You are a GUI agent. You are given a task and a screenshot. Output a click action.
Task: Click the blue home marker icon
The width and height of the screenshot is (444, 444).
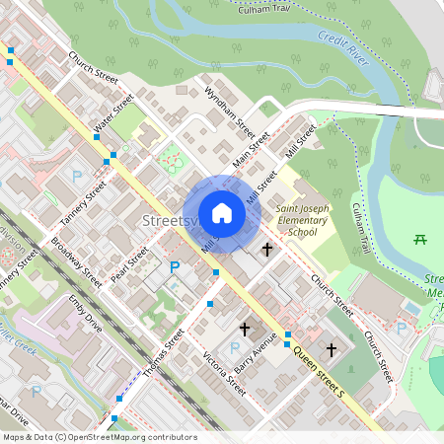click(222, 213)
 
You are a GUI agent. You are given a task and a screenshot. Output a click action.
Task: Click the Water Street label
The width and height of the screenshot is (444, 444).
click(112, 116)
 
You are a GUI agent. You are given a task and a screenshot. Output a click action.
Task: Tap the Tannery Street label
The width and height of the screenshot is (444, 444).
click(81, 201)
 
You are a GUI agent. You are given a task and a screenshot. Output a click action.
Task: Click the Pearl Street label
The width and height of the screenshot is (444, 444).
click(129, 263)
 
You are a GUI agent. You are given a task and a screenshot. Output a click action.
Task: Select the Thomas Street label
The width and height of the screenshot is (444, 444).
click(163, 352)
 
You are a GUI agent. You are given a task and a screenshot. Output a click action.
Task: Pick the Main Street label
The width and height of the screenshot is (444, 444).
click(252, 151)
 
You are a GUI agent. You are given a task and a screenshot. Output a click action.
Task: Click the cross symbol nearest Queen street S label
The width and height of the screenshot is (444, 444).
click(332, 349)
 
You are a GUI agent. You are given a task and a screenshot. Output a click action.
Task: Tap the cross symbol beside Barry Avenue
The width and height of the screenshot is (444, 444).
click(245, 328)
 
